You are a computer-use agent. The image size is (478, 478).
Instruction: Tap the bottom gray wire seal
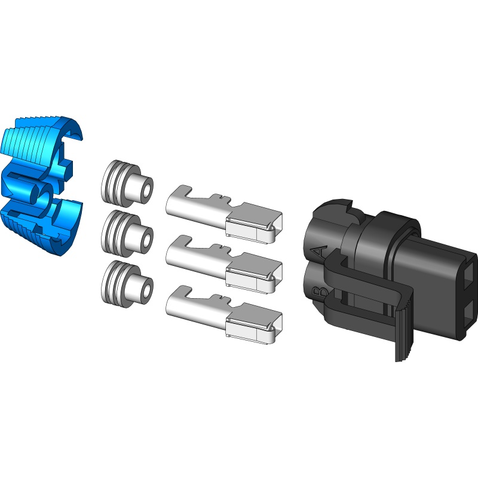(122, 281)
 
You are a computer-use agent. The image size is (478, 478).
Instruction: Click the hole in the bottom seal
(144, 290)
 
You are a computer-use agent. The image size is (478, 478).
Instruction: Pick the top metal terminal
(221, 212)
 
